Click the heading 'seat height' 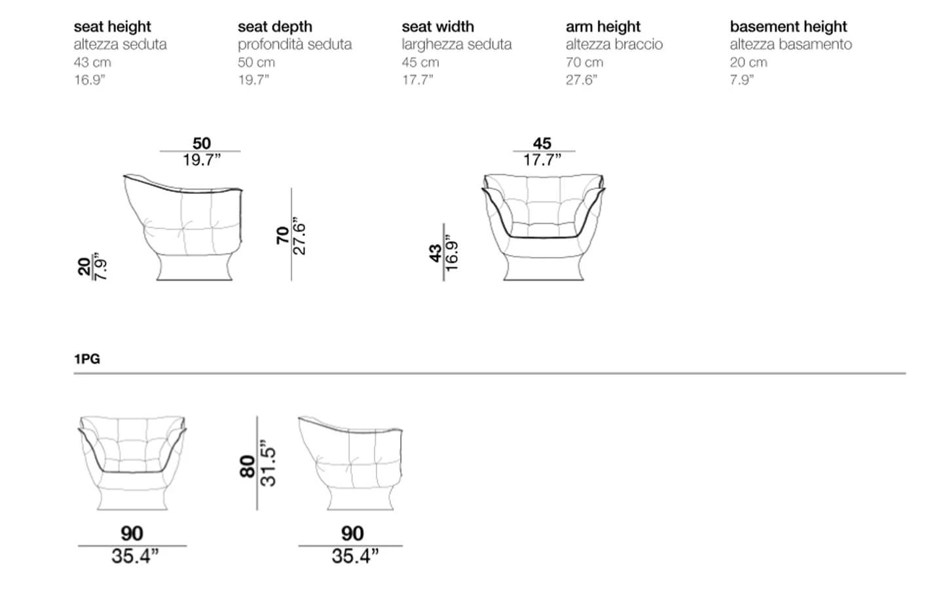coord(113,26)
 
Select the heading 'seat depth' coord(275,26)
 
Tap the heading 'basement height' coord(788,26)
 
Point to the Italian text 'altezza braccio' coord(614,45)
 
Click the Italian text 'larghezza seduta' coord(457,45)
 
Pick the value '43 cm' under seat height coord(92,62)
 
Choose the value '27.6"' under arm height coord(582,80)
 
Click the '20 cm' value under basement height coord(749,62)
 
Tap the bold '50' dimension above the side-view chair coord(202,144)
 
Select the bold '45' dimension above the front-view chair coord(542,144)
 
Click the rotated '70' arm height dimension coord(282,235)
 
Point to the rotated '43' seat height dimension coord(435,253)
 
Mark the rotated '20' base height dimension coord(84,267)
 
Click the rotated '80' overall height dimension coord(248,467)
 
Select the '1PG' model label coord(87,359)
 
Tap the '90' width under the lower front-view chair coord(132,534)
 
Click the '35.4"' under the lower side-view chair coord(355,557)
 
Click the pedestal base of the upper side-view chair coord(194,267)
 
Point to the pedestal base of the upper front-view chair coord(544,267)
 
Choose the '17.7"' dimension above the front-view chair coord(542,160)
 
